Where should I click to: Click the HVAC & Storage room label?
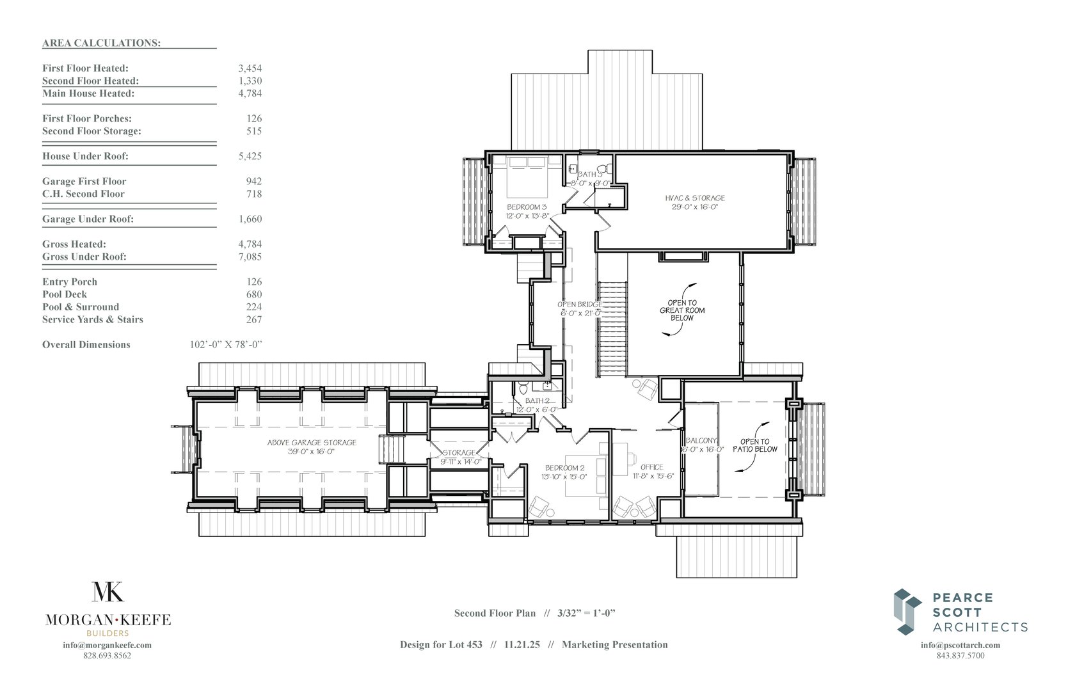(x=695, y=198)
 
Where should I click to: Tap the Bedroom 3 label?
(x=527, y=207)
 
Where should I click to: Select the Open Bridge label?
(x=580, y=305)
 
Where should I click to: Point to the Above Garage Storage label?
(x=312, y=443)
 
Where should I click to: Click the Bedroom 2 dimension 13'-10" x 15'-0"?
(x=564, y=477)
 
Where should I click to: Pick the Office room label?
(x=652, y=467)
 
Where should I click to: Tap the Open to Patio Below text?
(x=754, y=445)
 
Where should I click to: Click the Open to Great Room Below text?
(x=682, y=310)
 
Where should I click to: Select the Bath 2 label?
(x=538, y=401)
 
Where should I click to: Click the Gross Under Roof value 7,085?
(x=250, y=257)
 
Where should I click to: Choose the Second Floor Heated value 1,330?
(x=250, y=81)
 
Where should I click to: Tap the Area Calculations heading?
(x=102, y=43)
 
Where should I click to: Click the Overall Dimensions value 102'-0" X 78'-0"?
(x=226, y=345)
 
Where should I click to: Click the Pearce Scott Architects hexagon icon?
(x=907, y=612)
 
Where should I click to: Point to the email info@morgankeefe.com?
(x=108, y=645)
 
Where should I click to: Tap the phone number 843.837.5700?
(x=960, y=656)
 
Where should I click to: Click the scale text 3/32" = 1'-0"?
(x=586, y=614)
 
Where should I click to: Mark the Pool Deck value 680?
(x=254, y=294)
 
